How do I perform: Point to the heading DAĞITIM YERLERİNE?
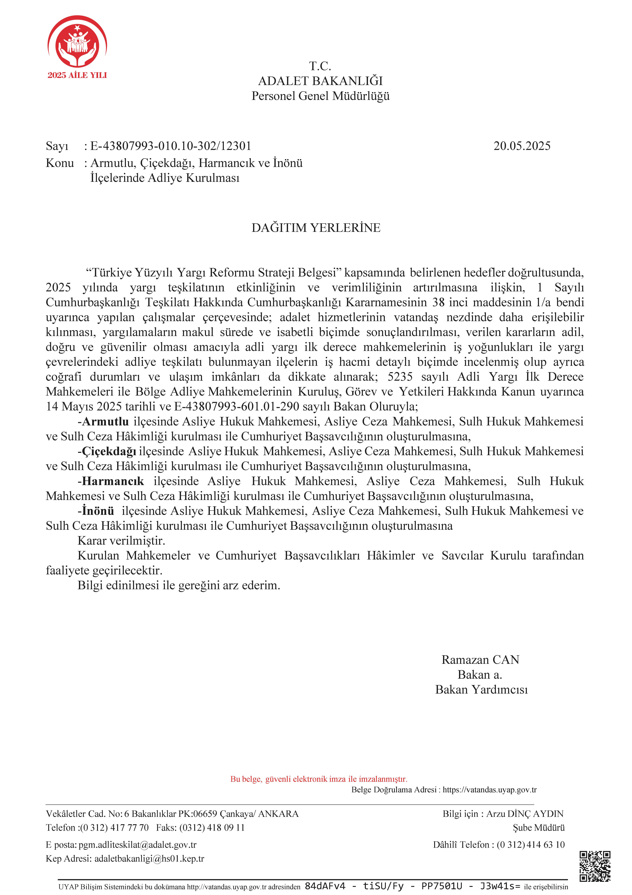(316, 228)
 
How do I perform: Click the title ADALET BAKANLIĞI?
(320, 81)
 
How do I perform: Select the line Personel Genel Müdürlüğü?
(320, 96)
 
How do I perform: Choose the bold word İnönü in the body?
(98, 511)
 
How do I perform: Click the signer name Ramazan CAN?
(480, 660)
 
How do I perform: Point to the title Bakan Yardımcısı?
(481, 690)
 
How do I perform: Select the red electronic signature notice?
(318, 779)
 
